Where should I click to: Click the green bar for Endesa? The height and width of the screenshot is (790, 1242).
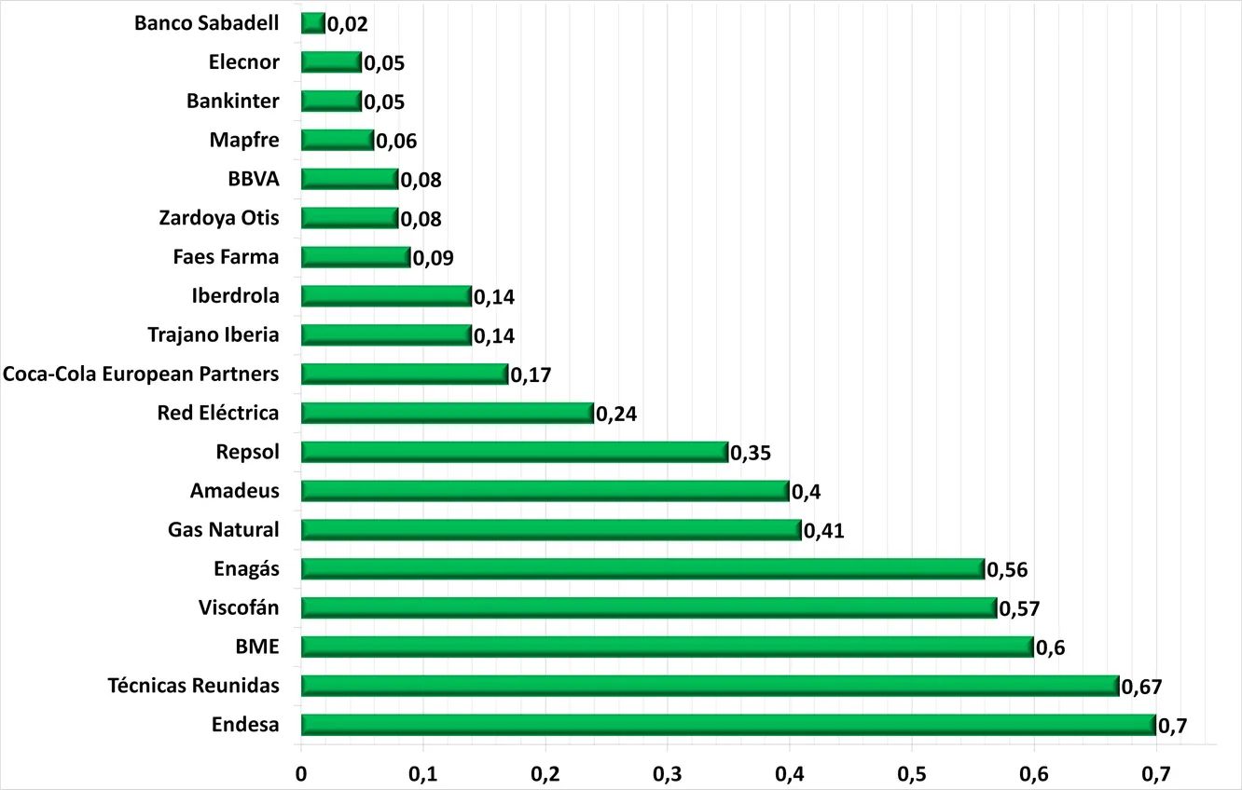coord(728,725)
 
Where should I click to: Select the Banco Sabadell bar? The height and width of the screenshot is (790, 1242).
coord(313,23)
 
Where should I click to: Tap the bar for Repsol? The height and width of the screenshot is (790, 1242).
coord(515,452)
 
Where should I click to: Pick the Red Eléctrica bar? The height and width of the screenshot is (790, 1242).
coord(448,413)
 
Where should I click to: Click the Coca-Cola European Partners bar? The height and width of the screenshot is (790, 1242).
coord(405,374)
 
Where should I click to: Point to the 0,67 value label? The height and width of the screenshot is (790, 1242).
coord(1141,687)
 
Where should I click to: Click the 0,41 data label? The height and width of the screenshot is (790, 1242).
coord(824,531)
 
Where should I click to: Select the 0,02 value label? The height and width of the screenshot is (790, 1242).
coord(348,24)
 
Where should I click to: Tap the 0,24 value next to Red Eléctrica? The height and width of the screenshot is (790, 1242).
coord(616,414)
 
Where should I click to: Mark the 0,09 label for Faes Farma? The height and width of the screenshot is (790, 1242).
coord(434,258)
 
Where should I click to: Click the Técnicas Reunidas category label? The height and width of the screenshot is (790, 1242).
coord(194,686)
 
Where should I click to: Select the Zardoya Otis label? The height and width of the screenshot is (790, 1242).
coord(219,218)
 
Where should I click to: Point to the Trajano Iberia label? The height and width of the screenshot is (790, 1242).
coord(214,335)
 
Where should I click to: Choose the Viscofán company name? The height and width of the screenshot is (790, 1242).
coord(239,607)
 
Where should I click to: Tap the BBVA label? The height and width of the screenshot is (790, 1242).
coord(254,179)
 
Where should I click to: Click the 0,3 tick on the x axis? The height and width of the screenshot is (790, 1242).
coord(667,774)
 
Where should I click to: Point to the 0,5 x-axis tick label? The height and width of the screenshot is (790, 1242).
coord(912,774)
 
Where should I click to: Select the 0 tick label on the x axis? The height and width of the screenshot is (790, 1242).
coord(301,774)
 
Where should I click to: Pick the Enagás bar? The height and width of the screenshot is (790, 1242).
coord(643,569)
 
